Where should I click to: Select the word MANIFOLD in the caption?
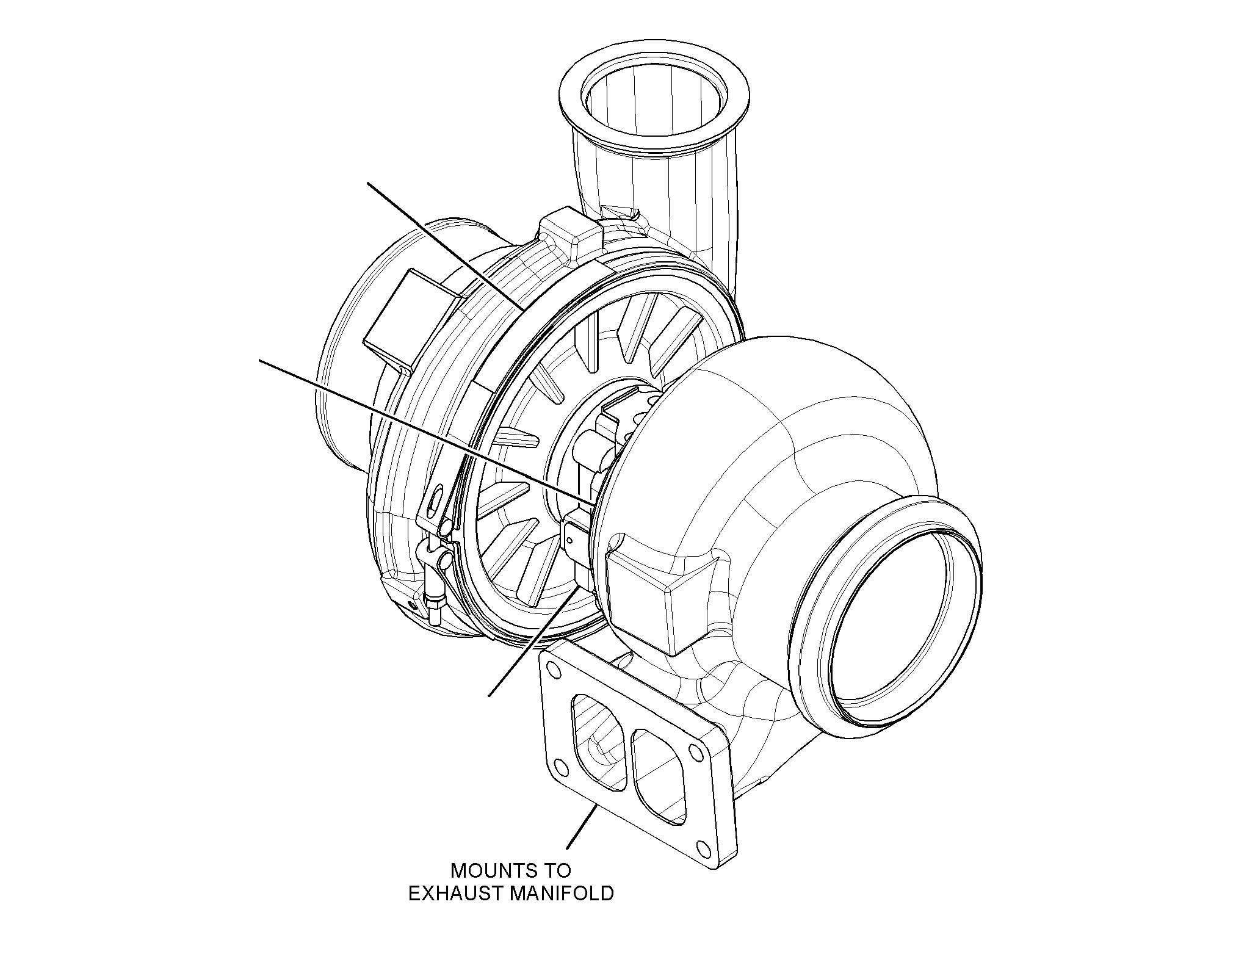(x=562, y=895)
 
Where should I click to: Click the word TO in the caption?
(x=556, y=870)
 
